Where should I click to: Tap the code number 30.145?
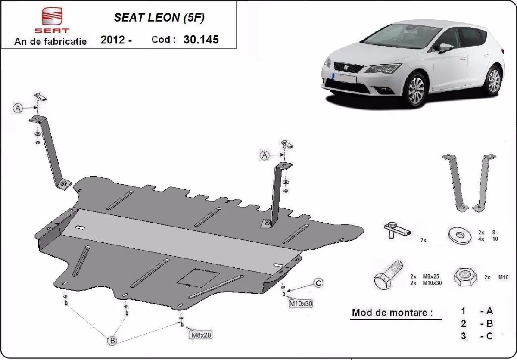pyautogui.click(x=201, y=40)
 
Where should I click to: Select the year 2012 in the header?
pyautogui.click(x=113, y=40)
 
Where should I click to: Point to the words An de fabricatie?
pyautogui.click(x=50, y=41)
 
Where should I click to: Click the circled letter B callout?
pyautogui.click(x=112, y=341)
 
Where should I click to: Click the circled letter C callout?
pyautogui.click(x=318, y=283)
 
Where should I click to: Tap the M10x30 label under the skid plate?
pyautogui.click(x=301, y=304)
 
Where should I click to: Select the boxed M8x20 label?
pyautogui.click(x=200, y=334)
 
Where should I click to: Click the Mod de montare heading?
pyautogui.click(x=392, y=313)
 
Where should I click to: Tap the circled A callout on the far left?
pyautogui.click(x=18, y=109)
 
